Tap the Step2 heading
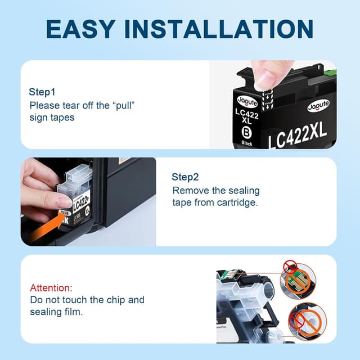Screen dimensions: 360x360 coord(185,177)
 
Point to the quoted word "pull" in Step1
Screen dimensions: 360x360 coord(123,105)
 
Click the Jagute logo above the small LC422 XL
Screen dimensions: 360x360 coord(246,100)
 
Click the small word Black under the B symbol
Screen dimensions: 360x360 coord(246,143)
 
